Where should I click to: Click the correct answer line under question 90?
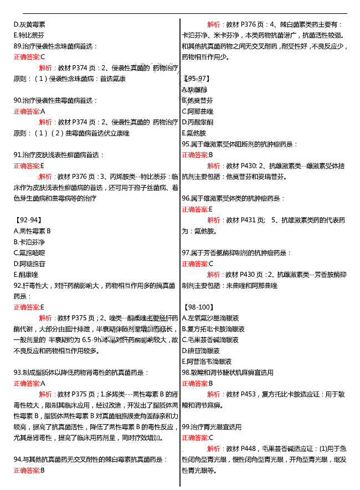29,111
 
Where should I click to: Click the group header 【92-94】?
28,220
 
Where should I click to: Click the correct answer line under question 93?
29,383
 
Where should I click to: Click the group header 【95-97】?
196,79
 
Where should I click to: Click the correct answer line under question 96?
197,209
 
